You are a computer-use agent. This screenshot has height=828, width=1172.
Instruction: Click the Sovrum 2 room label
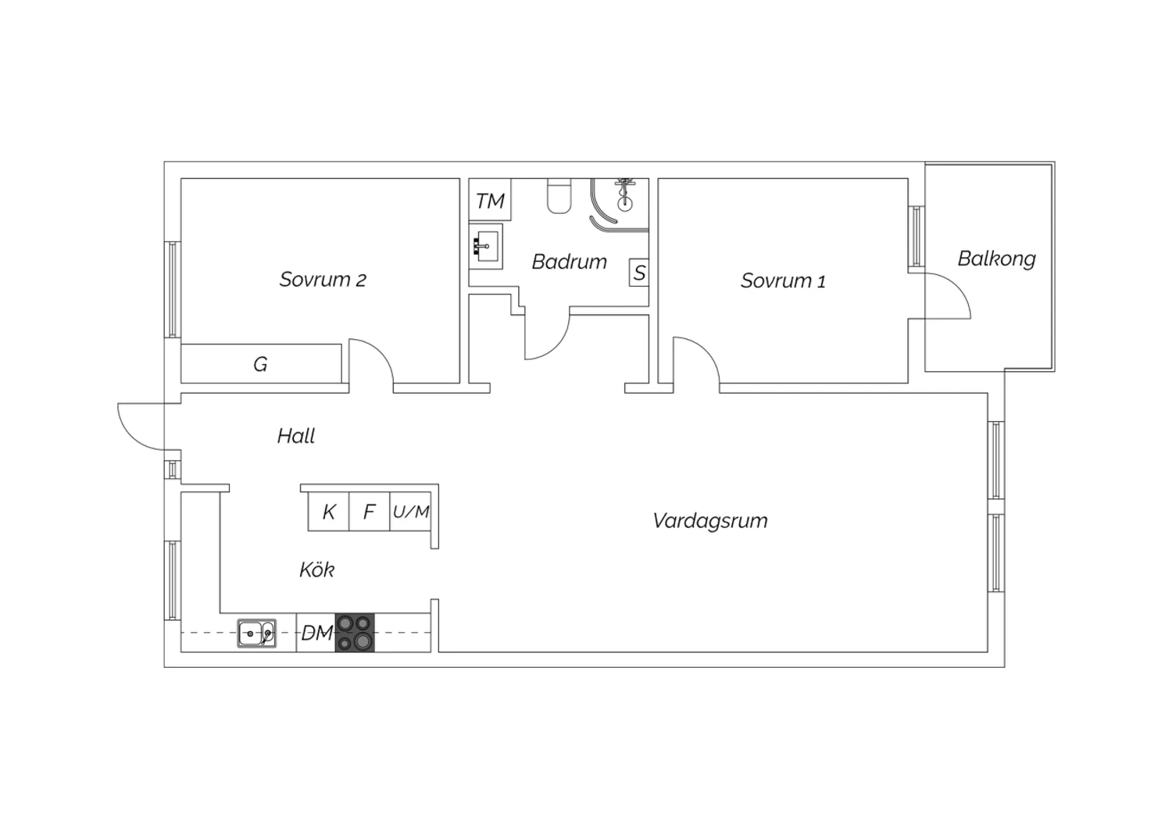tap(322, 280)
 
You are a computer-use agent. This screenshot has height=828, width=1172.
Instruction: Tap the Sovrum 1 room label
tap(783, 281)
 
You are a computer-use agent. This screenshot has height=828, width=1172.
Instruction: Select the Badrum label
tap(570, 262)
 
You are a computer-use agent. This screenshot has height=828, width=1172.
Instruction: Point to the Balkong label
tap(996, 259)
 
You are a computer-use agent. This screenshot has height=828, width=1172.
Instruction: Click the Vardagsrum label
tap(710, 520)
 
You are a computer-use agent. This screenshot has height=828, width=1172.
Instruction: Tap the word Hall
tap(296, 436)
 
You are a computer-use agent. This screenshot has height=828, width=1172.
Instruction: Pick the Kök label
tap(317, 569)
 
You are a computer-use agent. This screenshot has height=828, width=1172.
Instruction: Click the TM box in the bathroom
tap(490, 199)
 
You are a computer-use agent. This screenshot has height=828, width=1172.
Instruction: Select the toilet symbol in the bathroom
tap(559, 196)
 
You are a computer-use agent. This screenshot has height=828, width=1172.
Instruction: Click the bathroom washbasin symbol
tap(485, 246)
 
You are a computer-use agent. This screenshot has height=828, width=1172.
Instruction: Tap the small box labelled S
tap(639, 273)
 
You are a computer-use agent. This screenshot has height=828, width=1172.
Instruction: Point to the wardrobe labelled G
tap(261, 363)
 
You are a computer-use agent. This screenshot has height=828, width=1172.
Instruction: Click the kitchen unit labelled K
tap(329, 512)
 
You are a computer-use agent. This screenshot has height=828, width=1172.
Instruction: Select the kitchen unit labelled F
tap(370, 512)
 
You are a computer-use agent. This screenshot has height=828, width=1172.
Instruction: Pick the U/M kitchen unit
tap(411, 512)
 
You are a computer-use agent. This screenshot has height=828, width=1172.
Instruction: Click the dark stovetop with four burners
tap(355, 633)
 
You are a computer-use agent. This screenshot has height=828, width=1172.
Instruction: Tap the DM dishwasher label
tap(317, 633)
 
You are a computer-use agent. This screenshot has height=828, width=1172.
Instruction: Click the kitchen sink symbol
tap(257, 633)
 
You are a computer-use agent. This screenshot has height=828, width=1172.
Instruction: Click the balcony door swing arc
tap(957, 287)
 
